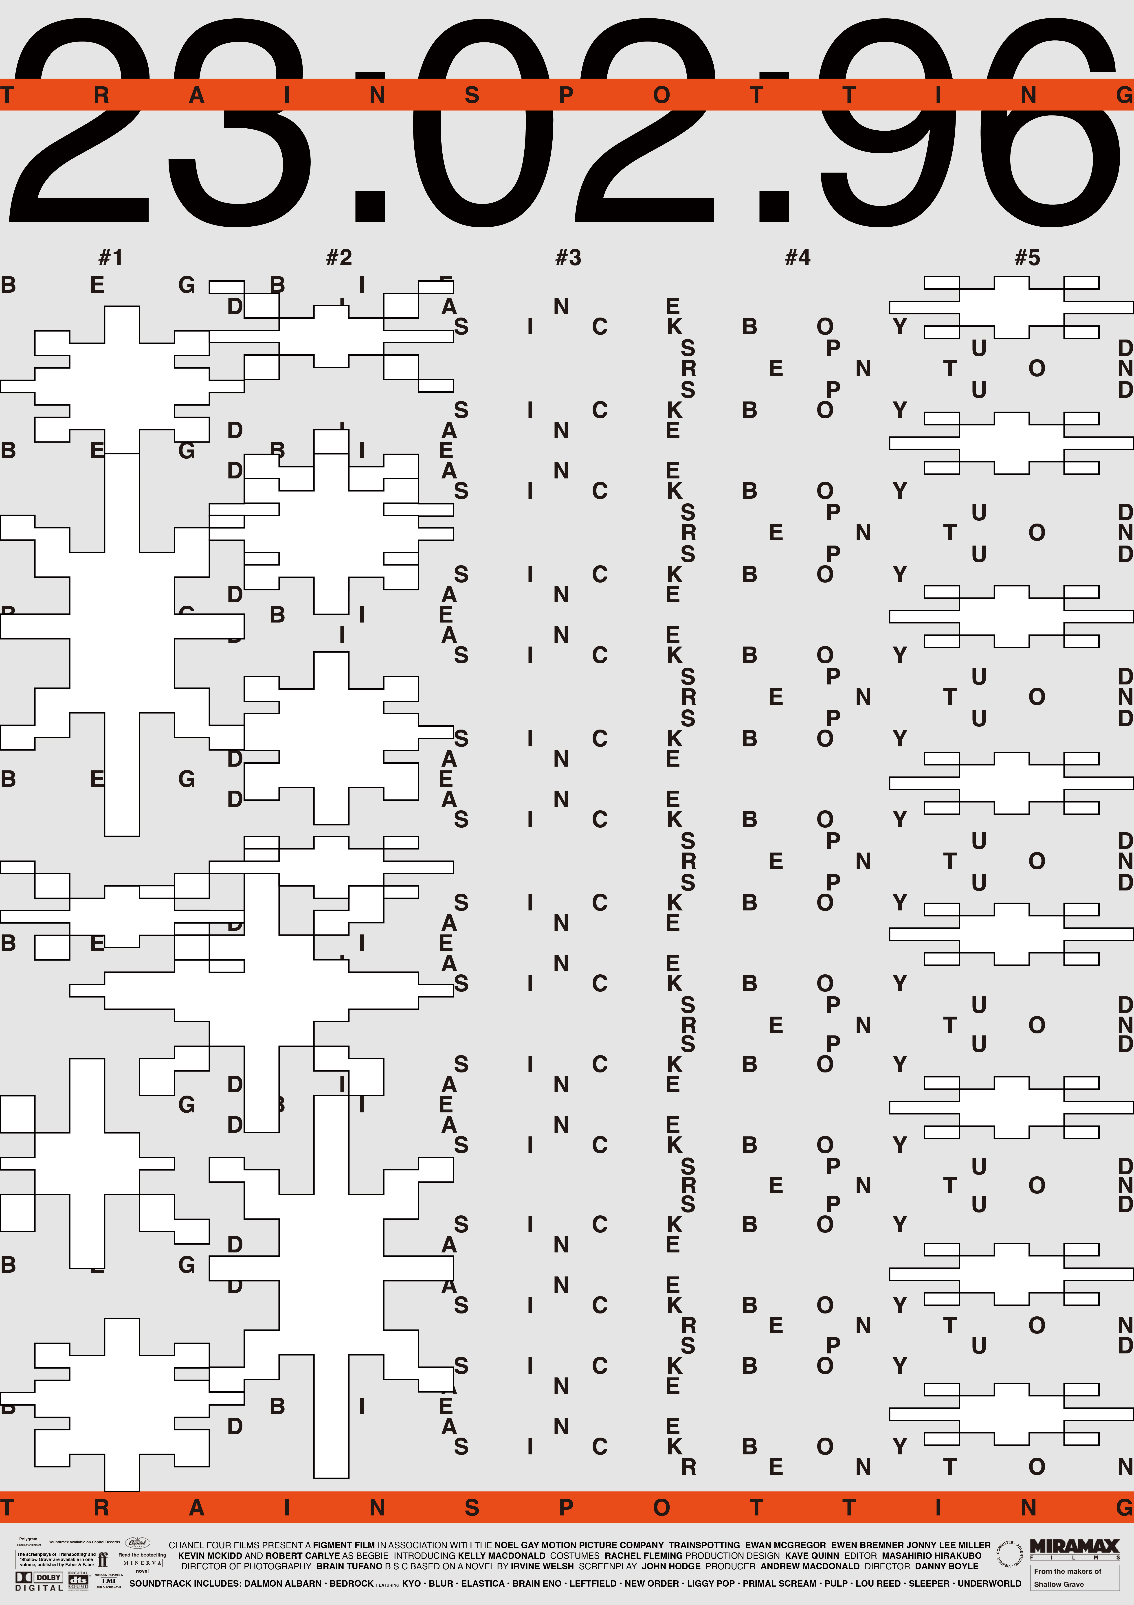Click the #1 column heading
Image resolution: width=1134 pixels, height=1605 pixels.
point(110,258)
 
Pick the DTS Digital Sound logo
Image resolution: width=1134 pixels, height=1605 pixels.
point(78,1581)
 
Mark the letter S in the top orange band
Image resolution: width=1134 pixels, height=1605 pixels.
point(472,95)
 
